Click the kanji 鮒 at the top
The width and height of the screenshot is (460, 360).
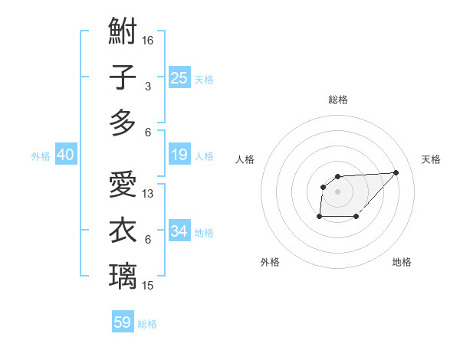[123, 33]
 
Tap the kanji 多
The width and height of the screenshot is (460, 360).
[123, 123]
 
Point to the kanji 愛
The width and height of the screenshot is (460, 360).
[123, 185]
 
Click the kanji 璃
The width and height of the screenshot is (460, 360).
[123, 275]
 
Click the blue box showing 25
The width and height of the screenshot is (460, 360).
[179, 77]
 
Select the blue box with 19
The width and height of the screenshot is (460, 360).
[179, 155]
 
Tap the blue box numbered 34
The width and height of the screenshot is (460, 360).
[179, 231]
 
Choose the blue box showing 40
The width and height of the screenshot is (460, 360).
[65, 155]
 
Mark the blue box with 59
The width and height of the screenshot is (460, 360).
[123, 322]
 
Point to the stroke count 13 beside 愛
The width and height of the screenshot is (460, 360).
[149, 194]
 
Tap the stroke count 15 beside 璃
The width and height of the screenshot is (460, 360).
[149, 285]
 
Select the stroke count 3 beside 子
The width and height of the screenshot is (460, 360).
[148, 87]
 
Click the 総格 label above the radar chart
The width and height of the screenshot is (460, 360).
[338, 100]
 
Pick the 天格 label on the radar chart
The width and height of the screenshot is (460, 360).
[431, 159]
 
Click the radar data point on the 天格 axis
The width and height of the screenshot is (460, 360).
[396, 172]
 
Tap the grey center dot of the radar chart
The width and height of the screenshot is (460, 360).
[338, 191]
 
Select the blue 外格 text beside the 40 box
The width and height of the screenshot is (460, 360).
[41, 155]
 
